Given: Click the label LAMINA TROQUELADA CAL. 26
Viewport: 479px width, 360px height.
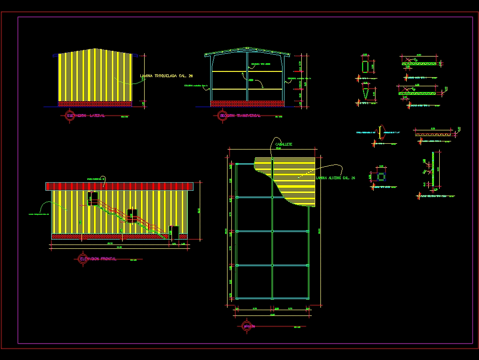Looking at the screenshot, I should point(166,76).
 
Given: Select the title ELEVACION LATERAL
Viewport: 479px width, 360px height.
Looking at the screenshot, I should point(86,116).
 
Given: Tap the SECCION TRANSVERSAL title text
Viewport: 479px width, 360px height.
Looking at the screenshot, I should point(239,116).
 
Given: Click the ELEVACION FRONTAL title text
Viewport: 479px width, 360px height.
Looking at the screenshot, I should point(98,259).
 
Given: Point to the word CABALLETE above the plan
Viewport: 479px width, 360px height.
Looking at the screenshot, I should point(284,144).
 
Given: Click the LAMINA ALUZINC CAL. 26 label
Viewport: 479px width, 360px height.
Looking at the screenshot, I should point(335,178).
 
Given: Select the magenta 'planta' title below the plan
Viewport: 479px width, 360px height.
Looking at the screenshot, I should point(250,326).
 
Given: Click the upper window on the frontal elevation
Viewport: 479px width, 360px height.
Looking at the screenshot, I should point(93,197).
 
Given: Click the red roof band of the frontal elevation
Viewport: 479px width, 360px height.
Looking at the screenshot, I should point(120,186).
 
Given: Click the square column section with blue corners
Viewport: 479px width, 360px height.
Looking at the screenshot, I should point(381,176).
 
